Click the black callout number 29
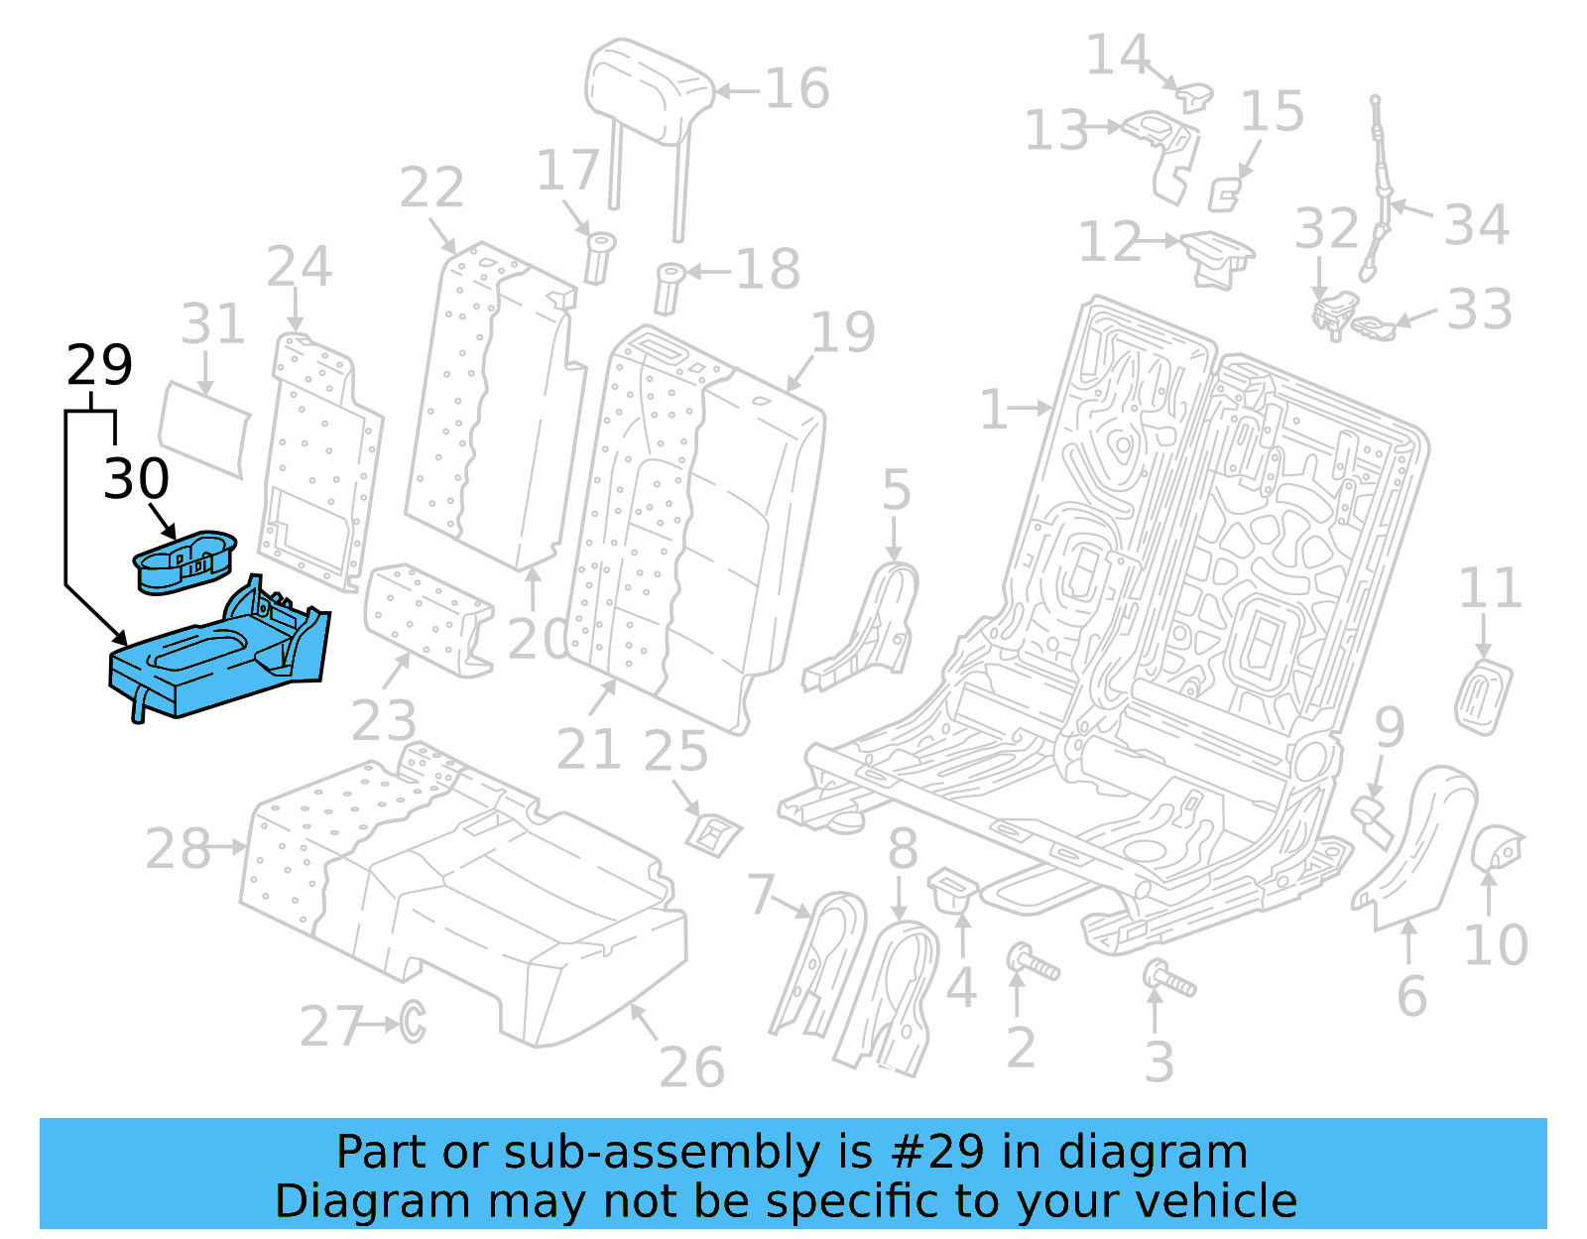pos(99,365)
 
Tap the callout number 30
pos(136,479)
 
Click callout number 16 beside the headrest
pos(796,89)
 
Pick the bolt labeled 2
pos(1032,962)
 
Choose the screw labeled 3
pos(1170,980)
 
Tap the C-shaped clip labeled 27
pos(413,1022)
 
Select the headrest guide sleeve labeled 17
pos(599,257)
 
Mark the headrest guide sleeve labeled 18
pos(669,287)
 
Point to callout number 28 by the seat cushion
pos(178,849)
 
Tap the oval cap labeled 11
pos(1483,698)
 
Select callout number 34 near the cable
pos(1476,225)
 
